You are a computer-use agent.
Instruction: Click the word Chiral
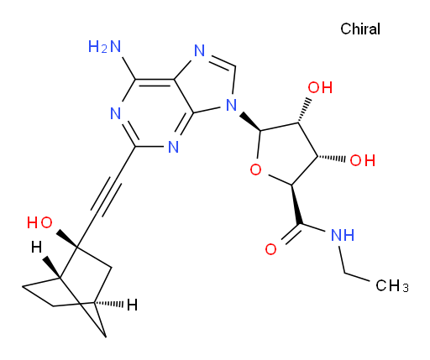click(x=360, y=29)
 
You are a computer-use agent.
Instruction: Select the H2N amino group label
click(x=104, y=46)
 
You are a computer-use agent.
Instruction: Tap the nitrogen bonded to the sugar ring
click(x=231, y=105)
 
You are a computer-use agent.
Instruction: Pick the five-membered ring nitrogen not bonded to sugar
click(x=199, y=51)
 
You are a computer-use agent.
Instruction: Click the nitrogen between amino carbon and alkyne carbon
click(x=115, y=113)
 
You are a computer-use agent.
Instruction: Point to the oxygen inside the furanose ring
click(x=255, y=170)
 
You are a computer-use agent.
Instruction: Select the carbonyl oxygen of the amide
click(x=270, y=249)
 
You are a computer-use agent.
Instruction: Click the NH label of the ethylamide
click(x=343, y=235)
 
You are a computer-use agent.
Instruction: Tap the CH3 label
click(x=392, y=286)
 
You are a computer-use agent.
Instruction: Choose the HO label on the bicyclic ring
click(x=39, y=222)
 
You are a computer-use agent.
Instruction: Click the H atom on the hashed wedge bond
click(x=132, y=305)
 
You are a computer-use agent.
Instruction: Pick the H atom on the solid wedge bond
click(x=36, y=247)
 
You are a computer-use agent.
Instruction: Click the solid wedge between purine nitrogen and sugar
click(x=250, y=122)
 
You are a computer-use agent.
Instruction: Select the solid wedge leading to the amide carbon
click(x=296, y=205)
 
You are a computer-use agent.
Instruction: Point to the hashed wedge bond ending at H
click(x=109, y=304)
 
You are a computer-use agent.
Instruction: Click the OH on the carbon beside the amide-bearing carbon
click(x=363, y=160)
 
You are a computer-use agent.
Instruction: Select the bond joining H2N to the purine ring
click(x=128, y=68)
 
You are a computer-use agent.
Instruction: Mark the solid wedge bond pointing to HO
click(x=66, y=239)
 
